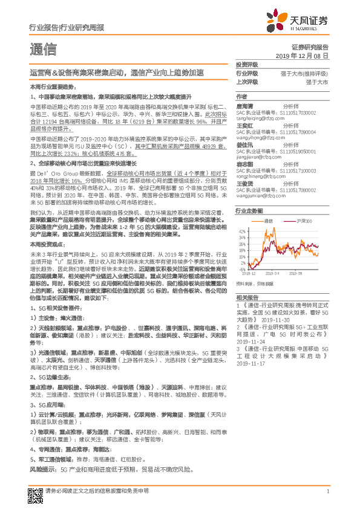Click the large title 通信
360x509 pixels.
click(x=43, y=49)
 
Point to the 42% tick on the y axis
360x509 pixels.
click(x=242, y=231)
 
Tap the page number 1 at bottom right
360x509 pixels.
click(x=327, y=490)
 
